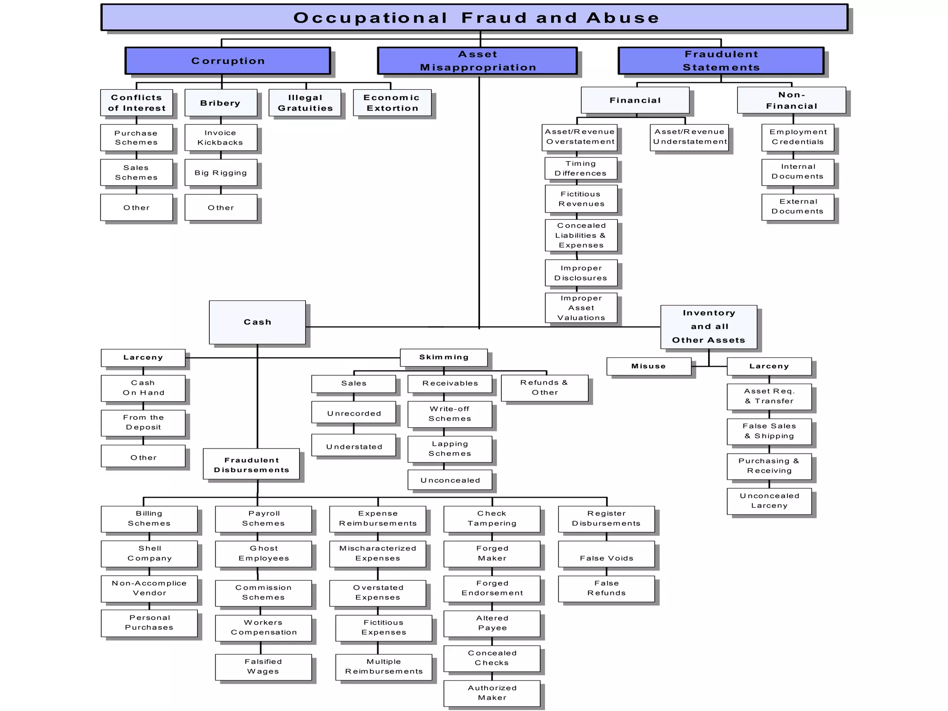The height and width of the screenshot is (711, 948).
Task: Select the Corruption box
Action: coord(228,61)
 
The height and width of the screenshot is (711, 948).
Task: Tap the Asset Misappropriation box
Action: coord(477,61)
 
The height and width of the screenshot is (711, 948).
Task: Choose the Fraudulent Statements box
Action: coord(721,61)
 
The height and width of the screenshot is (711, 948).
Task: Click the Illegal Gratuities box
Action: coord(305,103)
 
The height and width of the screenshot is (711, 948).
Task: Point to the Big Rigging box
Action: coord(221,173)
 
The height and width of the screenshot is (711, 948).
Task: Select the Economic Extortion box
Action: coord(392,103)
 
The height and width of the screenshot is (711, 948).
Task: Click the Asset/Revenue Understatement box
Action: coord(689,137)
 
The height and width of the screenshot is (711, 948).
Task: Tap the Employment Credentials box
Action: coord(798,137)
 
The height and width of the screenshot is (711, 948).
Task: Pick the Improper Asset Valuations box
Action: coord(581,308)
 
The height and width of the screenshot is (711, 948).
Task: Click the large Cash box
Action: coord(257,322)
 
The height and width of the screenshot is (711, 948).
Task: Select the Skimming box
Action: coord(443,357)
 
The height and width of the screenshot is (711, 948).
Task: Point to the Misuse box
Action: coord(649,366)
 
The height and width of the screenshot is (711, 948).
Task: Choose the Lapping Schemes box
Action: coord(449,449)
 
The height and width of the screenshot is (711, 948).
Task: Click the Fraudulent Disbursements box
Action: coord(251,464)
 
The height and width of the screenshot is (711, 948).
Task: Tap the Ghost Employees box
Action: coord(263,554)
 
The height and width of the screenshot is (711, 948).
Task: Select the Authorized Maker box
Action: coord(492,693)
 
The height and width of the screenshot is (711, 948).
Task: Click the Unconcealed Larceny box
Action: coord(769,501)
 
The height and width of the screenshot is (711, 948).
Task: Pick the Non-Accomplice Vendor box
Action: coord(149,588)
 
